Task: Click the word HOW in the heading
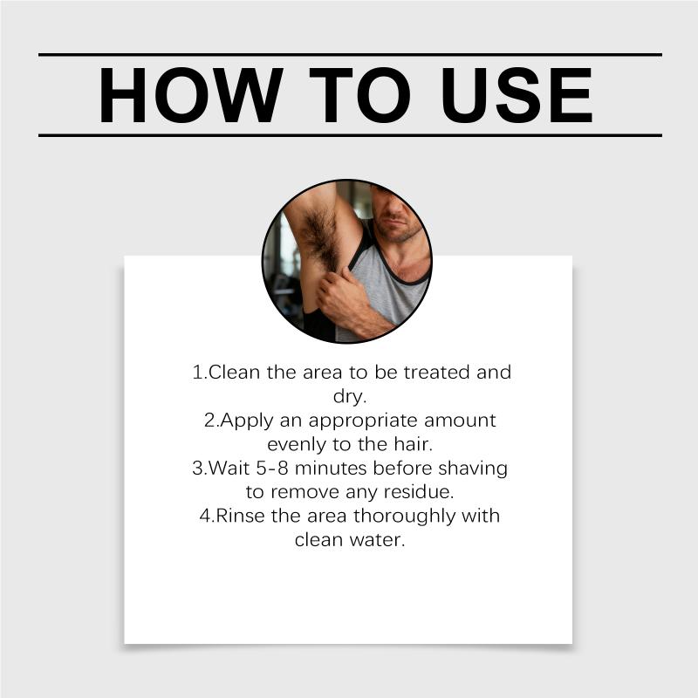190,95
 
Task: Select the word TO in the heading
359,95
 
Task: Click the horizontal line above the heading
351,55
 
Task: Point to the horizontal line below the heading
351,135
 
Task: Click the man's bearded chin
396,230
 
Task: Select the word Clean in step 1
234,373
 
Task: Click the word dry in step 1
347,397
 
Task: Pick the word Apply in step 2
247,421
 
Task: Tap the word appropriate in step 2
362,421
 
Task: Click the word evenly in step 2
296,445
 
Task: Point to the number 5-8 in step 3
272,469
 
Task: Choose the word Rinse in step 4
240,517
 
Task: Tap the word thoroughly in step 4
405,517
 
